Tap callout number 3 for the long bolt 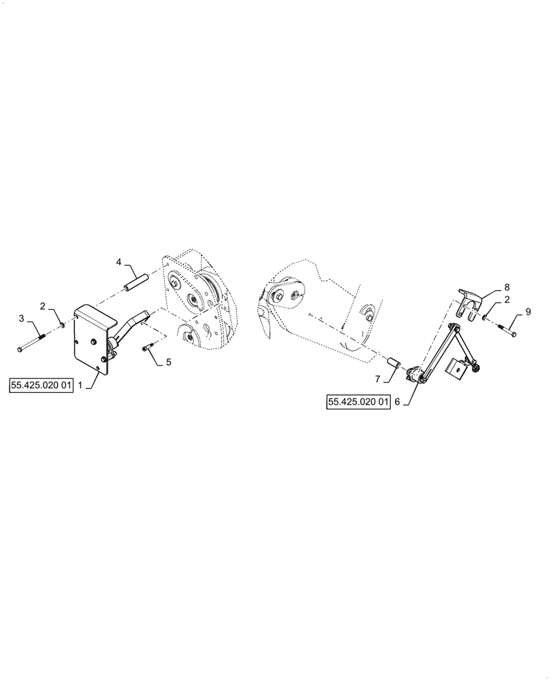(21, 318)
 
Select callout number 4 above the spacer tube (118, 262)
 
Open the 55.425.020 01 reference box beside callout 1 (40, 385)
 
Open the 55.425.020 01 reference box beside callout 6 (358, 402)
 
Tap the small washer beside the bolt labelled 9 (484, 317)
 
